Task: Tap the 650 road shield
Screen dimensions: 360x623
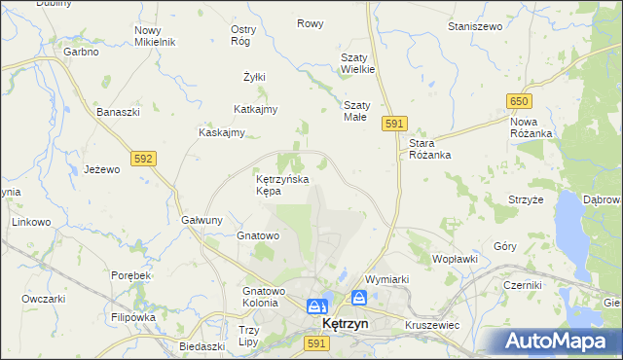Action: pyautogui.click(x=519, y=101)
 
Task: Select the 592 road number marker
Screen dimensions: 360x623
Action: pyautogui.click(x=144, y=157)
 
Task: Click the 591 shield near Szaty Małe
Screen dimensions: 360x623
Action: pyautogui.click(x=394, y=124)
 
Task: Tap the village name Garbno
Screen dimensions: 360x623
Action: pyautogui.click(x=82, y=52)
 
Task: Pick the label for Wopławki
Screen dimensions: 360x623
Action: pyautogui.click(x=455, y=259)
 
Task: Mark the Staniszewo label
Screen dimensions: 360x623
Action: pyautogui.click(x=475, y=26)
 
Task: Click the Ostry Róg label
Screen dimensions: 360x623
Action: pyautogui.click(x=242, y=35)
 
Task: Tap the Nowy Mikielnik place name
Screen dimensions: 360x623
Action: pyautogui.click(x=154, y=36)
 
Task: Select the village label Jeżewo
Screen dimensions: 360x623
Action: pyautogui.click(x=101, y=168)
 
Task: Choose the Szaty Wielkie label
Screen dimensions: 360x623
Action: pyautogui.click(x=357, y=63)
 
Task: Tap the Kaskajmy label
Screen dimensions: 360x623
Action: pyautogui.click(x=221, y=132)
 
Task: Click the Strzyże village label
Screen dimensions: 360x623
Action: pyautogui.click(x=526, y=199)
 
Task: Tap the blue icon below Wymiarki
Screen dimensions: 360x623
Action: pyautogui.click(x=359, y=298)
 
